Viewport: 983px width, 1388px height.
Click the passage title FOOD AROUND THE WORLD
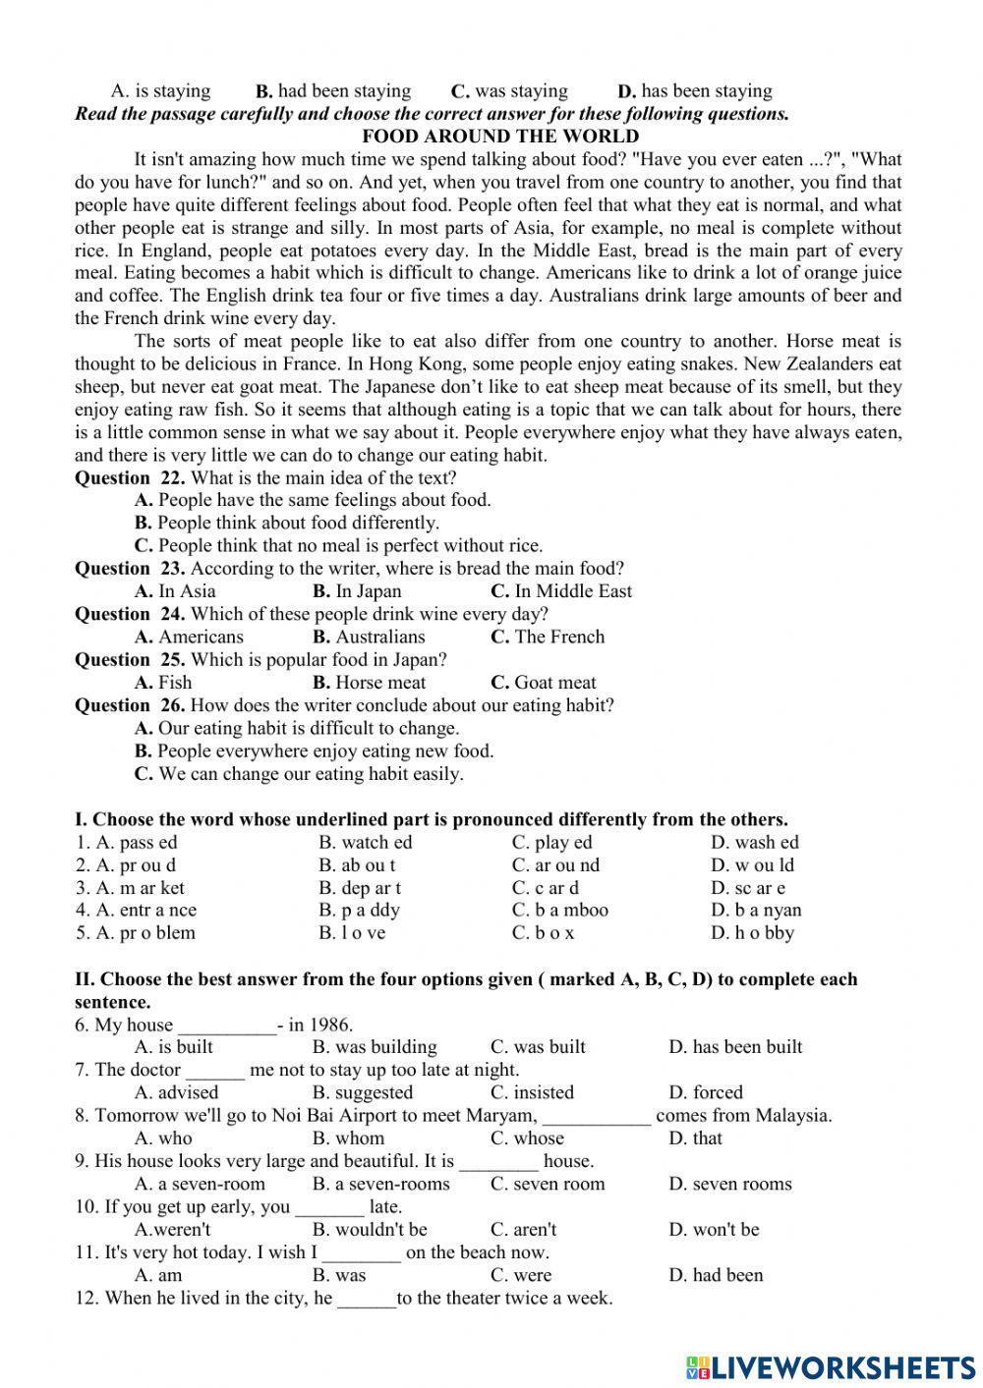(500, 137)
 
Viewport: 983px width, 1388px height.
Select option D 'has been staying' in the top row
(694, 91)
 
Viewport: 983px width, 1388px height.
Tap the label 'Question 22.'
(130, 477)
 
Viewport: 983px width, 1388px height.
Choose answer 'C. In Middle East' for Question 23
(560, 591)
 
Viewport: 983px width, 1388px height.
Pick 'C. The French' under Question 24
(547, 637)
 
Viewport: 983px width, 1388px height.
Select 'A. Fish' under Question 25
(163, 683)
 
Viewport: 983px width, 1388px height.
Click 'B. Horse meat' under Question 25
(369, 683)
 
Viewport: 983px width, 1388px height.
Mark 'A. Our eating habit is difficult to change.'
(297, 728)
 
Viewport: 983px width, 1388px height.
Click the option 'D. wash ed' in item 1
(754, 842)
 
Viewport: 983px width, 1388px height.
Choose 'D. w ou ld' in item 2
(752, 865)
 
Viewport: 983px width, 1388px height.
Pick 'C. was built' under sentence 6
(538, 1047)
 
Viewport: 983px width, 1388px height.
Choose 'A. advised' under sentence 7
(176, 1092)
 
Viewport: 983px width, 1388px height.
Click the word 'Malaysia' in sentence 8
(792, 1115)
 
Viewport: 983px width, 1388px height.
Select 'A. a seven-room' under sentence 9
(200, 1184)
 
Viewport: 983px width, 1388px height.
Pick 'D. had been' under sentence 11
(716, 1275)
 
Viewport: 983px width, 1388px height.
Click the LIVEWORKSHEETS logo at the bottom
(831, 1366)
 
